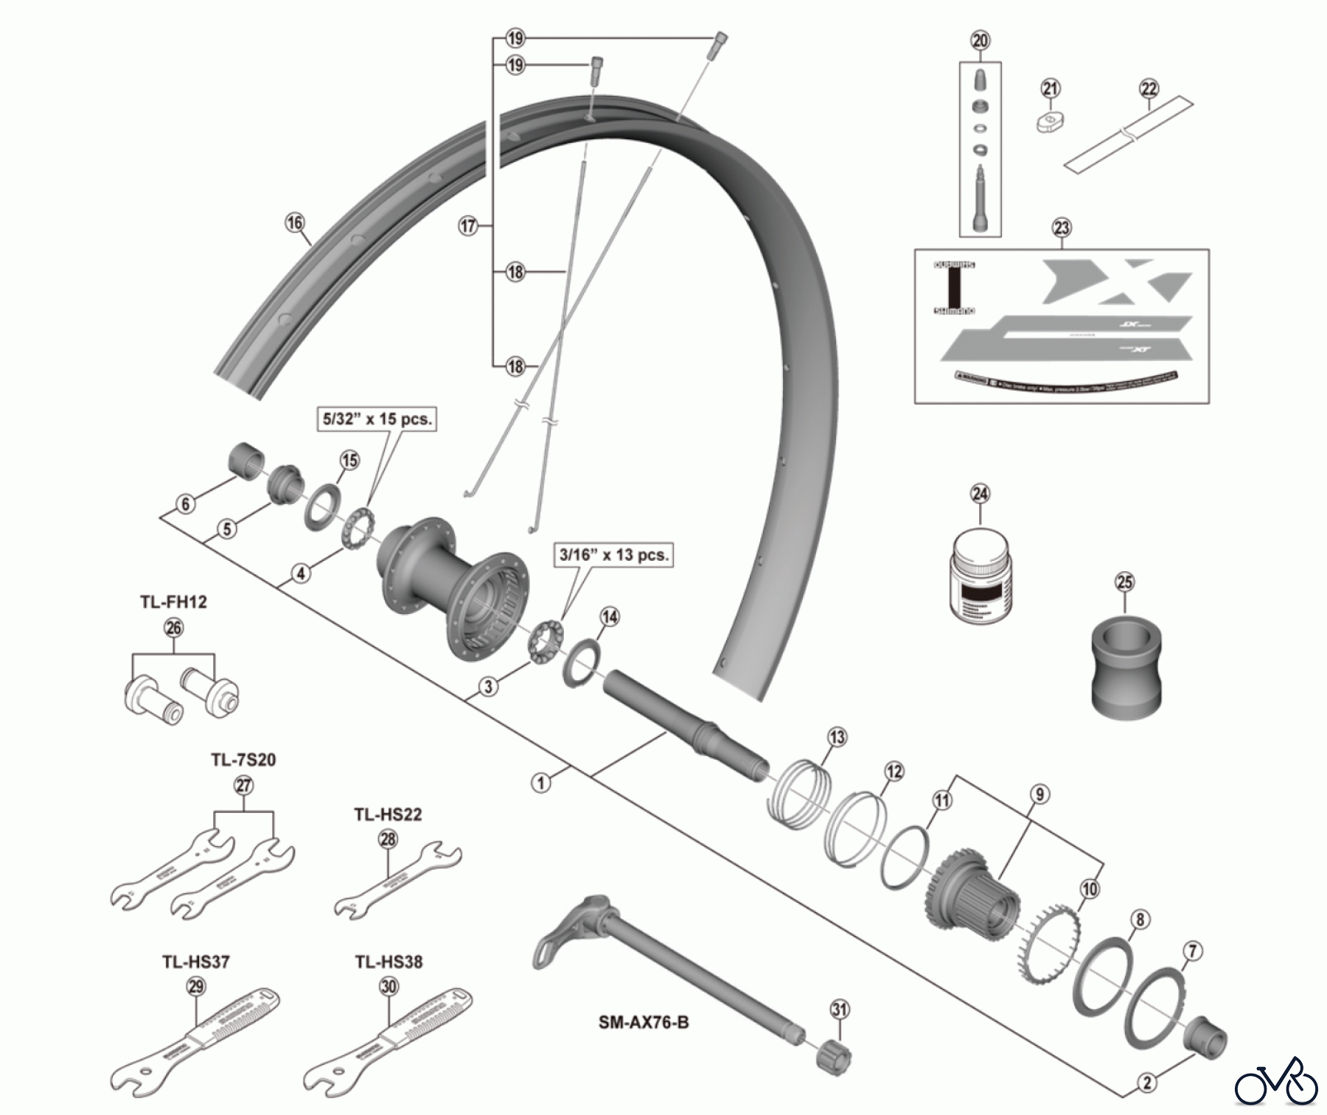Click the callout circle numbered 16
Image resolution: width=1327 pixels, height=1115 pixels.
295,223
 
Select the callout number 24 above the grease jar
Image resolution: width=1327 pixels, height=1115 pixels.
980,494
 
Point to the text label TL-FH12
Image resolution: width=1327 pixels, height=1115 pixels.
173,602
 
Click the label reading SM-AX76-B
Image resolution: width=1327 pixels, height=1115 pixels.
644,1023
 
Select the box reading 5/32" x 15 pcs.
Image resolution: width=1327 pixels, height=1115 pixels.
376,419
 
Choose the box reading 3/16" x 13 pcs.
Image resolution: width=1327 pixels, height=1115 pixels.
614,554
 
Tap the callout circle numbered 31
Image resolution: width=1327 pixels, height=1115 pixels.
840,1010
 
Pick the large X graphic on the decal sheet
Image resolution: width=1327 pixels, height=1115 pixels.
1115,282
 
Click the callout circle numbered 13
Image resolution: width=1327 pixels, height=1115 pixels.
837,737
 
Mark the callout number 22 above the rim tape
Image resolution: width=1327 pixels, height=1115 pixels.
1149,89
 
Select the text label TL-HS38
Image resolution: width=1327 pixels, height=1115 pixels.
389,962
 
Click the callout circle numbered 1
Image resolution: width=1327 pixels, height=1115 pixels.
541,782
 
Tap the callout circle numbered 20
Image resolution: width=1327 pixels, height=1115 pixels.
980,41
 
